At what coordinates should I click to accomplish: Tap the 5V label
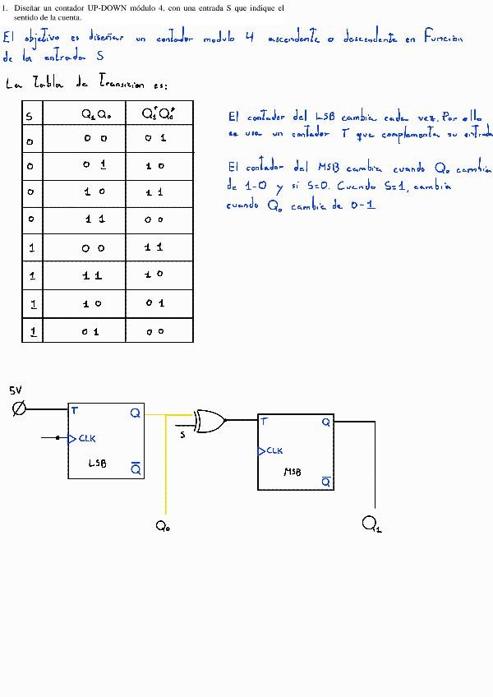[x=16, y=390]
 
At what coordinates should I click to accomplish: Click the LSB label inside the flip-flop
[x=97, y=464]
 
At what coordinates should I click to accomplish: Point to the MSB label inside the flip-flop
[x=293, y=473]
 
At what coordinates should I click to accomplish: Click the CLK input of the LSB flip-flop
[x=84, y=438]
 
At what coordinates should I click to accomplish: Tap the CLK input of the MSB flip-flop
[x=272, y=451]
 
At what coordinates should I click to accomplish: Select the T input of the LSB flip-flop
[x=75, y=409]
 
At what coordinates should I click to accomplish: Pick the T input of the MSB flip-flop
[x=264, y=422]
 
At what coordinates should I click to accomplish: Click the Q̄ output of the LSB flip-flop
[x=136, y=469]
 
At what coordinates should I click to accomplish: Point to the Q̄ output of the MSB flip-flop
[x=325, y=481]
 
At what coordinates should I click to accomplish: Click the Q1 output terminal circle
[x=369, y=521]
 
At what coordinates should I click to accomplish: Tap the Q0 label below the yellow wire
[x=162, y=527]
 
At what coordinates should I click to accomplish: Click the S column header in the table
[x=29, y=116]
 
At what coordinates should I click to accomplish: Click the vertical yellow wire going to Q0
[x=166, y=469]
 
